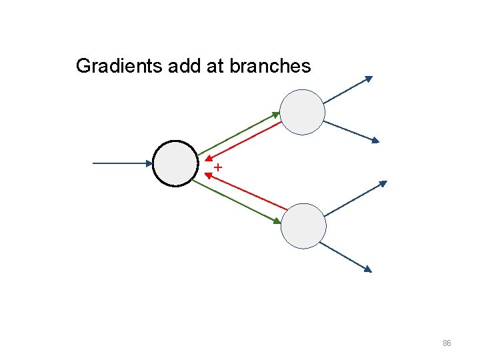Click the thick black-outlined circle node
(x=175, y=163)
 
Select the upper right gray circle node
(x=302, y=112)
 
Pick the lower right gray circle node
(x=303, y=226)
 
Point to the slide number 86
(x=447, y=343)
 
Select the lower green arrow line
(x=237, y=201)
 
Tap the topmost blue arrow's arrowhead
(x=369, y=79)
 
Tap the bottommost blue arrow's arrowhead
(x=367, y=269)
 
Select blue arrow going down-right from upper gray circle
(x=351, y=131)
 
